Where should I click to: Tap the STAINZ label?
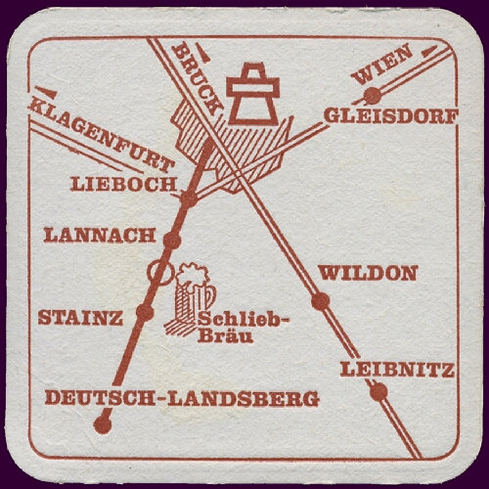coord(80,318)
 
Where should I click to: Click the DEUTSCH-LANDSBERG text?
coord(182,398)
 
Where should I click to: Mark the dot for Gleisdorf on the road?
coord(372,95)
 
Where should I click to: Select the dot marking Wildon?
coord(320,300)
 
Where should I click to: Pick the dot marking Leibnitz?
coord(378,392)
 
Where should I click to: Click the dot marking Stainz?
coord(145,312)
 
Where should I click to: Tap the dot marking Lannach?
coord(171,240)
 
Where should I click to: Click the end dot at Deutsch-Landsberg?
coord(99,423)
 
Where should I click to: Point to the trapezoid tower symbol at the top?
coord(253,90)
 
